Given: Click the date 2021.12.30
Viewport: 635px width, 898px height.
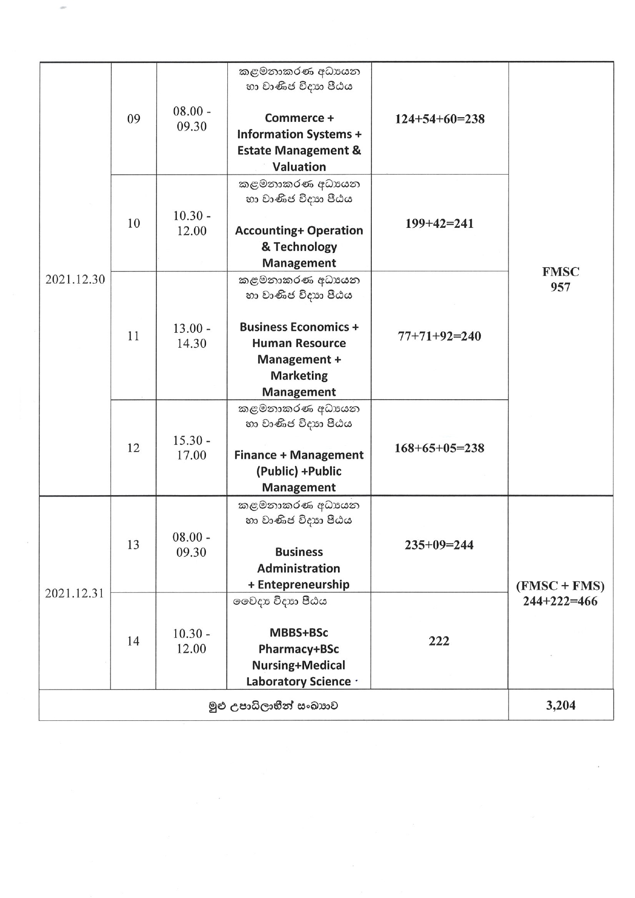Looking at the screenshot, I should point(75,279).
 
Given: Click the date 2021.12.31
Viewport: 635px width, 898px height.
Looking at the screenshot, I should point(74,593).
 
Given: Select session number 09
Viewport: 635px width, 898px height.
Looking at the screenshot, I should point(134,119).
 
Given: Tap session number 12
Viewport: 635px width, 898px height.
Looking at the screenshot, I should point(133,448).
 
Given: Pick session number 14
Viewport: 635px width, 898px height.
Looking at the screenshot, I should point(133,641).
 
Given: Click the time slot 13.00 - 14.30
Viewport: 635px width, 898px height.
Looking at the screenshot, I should point(192,336).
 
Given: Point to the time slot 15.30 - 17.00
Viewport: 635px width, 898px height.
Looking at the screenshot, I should point(192,448).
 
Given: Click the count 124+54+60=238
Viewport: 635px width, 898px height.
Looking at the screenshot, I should point(439,119).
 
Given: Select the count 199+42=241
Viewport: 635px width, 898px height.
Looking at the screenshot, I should point(439,224).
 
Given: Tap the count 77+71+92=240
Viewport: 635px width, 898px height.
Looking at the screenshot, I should point(439,336).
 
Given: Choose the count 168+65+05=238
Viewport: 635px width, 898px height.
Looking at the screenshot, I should point(439,448).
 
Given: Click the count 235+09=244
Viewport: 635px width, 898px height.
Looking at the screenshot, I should point(439,545).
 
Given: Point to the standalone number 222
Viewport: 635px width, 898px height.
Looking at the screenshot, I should point(439,641).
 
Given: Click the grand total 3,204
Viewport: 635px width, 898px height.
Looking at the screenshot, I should point(560,705).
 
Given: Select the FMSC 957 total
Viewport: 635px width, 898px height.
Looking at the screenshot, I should point(560,280).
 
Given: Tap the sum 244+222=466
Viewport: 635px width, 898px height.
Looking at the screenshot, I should point(560,602).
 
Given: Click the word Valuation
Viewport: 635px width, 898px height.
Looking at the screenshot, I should point(299,167).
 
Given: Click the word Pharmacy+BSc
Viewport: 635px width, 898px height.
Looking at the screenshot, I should point(299,649).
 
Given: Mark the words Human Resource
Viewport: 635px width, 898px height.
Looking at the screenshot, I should point(299,343).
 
